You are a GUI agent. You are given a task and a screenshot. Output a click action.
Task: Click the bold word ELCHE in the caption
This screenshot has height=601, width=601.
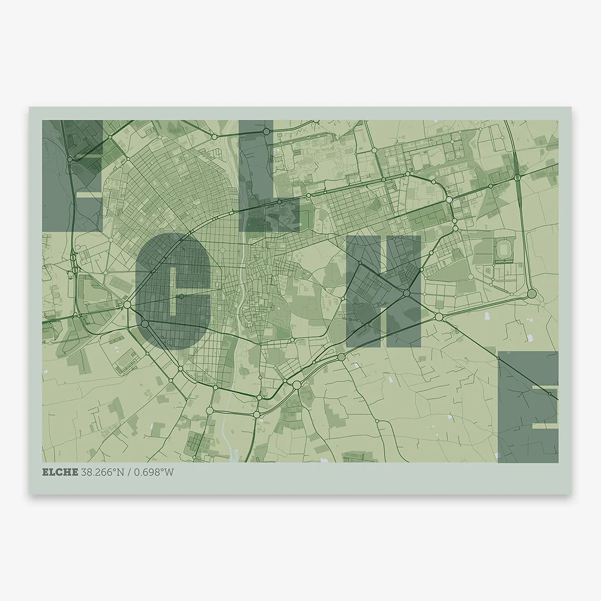click(59, 472)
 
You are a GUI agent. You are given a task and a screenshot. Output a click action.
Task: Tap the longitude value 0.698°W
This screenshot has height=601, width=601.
click(156, 472)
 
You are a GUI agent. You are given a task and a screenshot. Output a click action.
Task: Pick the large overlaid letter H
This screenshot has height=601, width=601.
click(383, 291)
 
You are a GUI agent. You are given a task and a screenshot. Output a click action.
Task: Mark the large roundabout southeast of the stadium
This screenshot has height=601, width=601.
click(532, 293)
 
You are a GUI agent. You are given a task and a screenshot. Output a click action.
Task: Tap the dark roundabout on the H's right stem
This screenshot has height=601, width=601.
click(406, 292)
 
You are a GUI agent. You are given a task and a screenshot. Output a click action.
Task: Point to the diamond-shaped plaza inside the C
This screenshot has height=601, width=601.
click(181, 296)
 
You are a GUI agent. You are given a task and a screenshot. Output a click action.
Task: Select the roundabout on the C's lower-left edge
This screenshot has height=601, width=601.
click(145, 323)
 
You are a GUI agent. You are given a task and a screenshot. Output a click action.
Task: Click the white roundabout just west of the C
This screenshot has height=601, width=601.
click(127, 305)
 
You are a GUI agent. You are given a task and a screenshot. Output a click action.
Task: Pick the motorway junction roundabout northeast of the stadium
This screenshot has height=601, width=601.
click(518, 176)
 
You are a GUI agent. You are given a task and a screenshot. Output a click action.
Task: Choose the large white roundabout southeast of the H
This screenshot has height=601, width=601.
click(439, 317)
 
